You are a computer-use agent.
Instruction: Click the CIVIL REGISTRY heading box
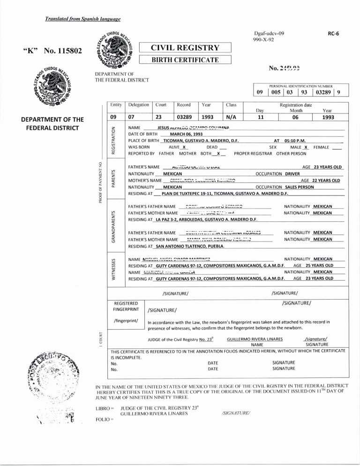tap(185, 47)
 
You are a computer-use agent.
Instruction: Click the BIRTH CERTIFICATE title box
tap(185, 60)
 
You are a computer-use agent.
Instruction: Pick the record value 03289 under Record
tap(186, 117)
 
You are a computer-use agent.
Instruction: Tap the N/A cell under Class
tap(232, 117)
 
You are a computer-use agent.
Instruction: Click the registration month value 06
tap(295, 117)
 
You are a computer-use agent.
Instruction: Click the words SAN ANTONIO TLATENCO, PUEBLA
tap(190, 246)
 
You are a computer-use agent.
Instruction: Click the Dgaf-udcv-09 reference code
tap(269, 34)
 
